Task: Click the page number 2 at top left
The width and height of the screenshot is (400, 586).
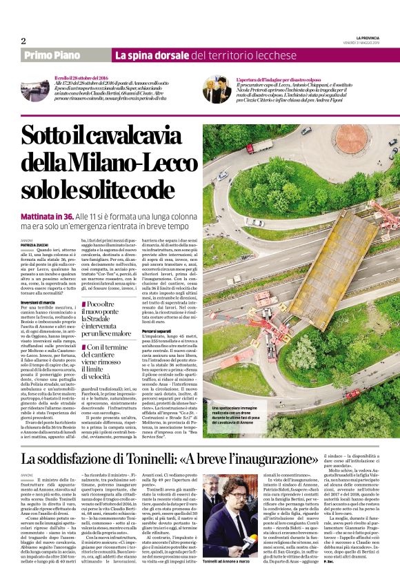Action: point(23,41)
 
